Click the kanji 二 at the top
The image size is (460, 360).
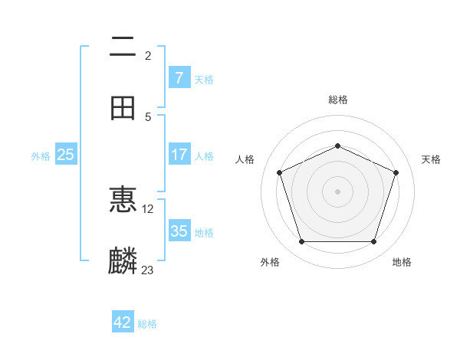tap(123, 47)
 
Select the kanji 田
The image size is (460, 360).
tap(123, 107)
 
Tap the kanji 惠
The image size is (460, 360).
tap(123, 200)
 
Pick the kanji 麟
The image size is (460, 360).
tap(123, 260)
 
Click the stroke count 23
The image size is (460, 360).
tap(148, 270)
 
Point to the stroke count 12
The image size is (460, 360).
tap(148, 208)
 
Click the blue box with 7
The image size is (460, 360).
tap(179, 77)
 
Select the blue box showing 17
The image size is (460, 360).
tap(179, 155)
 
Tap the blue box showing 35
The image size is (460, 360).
tap(179, 231)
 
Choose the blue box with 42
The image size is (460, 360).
tap(123, 322)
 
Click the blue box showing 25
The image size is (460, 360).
tap(66, 155)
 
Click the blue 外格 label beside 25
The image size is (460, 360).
tap(41, 155)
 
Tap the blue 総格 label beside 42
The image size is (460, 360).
tap(147, 324)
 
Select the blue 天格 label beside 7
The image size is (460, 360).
tap(204, 79)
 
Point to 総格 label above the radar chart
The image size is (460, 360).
tap(338, 100)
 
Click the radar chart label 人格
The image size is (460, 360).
tap(245, 159)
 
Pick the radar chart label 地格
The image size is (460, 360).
tap(402, 262)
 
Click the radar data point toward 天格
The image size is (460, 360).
tap(396, 172)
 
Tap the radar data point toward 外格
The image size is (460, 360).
tap(301, 242)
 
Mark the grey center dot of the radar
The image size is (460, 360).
tap(337, 191)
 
